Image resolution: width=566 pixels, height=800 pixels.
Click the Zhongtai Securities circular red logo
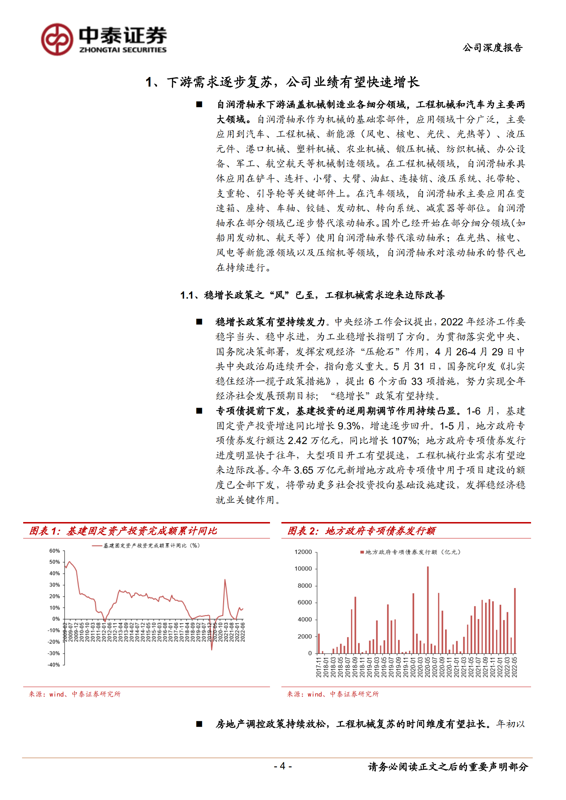(57, 40)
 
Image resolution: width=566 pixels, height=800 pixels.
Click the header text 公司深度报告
(493, 48)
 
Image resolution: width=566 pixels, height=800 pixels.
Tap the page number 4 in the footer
(282, 766)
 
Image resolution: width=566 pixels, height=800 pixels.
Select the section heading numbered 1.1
(312, 295)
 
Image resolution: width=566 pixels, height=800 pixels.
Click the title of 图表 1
(123, 531)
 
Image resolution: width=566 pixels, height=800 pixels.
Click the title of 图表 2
(361, 531)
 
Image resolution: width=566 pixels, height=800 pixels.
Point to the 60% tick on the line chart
(55, 551)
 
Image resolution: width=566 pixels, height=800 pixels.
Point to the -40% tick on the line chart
(54, 665)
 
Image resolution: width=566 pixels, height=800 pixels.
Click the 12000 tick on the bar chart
(303, 552)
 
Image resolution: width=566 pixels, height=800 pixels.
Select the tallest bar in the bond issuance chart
(428, 609)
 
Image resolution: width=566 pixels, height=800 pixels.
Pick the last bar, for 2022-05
(515, 620)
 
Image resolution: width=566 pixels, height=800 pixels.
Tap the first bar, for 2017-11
(319, 643)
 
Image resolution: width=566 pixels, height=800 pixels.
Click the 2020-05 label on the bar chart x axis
(428, 667)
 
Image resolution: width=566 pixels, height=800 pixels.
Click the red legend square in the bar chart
(362, 552)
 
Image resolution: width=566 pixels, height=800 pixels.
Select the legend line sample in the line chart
(97, 546)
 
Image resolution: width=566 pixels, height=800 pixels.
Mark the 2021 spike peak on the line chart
(225, 580)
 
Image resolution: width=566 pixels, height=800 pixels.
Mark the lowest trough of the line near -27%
(211, 649)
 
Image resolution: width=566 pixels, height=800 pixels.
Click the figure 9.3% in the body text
(349, 426)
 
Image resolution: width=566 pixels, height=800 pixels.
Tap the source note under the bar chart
(333, 694)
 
